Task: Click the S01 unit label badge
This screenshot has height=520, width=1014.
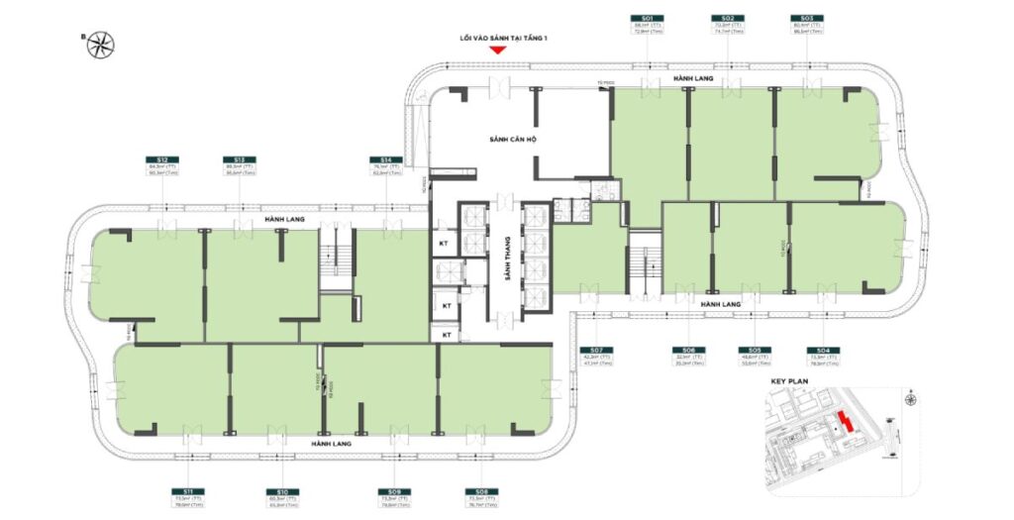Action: click(x=647, y=18)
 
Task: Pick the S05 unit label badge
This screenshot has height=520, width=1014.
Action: click(x=754, y=350)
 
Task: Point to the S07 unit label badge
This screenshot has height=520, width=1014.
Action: click(x=594, y=350)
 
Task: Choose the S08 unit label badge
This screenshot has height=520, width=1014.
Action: click(x=481, y=491)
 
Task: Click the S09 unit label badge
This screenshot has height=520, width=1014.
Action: click(x=394, y=491)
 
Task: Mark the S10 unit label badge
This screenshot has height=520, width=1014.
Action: click(x=281, y=491)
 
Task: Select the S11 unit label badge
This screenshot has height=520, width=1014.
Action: click(x=186, y=491)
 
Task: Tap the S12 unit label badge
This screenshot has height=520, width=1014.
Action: click(x=161, y=159)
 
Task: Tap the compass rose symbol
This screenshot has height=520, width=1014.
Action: click(x=100, y=44)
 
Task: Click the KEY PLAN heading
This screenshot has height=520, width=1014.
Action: click(x=789, y=380)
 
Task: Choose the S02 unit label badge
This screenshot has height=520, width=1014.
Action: click(x=727, y=18)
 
